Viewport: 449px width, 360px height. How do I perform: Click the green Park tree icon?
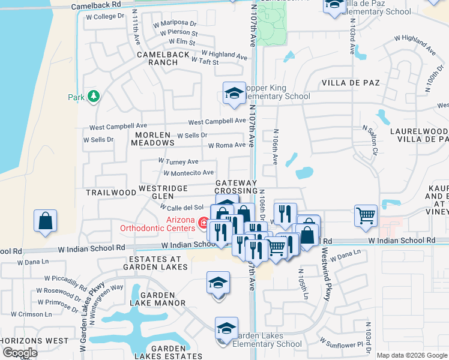coord(94,96)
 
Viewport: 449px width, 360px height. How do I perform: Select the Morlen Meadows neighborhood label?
coord(151,139)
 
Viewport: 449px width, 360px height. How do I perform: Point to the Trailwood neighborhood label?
coord(111,193)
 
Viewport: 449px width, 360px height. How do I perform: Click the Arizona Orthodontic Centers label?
coord(160,223)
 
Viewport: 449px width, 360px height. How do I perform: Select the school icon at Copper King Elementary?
coord(234,93)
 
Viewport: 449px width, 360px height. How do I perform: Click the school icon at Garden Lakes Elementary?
coord(226,328)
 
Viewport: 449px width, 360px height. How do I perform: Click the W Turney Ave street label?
coord(178,161)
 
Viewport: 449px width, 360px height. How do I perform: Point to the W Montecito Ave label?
coord(189,173)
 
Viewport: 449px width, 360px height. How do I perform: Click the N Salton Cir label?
coord(369,140)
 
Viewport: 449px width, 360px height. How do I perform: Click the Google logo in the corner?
coord(20,353)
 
